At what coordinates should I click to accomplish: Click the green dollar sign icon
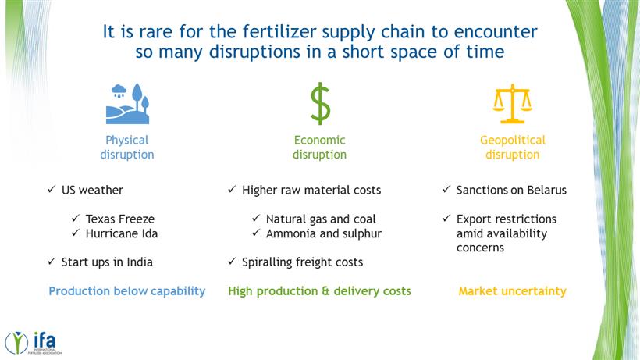pos(321,103)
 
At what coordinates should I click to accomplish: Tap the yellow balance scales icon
pos(512,104)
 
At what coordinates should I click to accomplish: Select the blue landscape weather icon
pos(127,104)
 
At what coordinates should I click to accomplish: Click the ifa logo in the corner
pos(33,343)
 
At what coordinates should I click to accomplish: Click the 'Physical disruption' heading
pos(127,148)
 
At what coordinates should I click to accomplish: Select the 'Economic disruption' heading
pos(319,148)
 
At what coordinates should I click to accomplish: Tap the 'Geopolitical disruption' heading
pos(513,148)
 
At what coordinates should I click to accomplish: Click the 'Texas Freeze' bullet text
pos(120,219)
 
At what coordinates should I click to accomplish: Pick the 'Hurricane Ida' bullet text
pos(122,233)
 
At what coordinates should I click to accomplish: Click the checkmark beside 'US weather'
pos(52,189)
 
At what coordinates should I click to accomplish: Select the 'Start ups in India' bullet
pos(107,262)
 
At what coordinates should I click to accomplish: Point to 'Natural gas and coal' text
pos(321,219)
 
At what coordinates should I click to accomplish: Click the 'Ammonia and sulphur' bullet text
pos(324,233)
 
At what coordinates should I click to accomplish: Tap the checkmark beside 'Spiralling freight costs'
pos(232,262)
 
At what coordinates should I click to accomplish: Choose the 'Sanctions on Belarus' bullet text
pos(511,191)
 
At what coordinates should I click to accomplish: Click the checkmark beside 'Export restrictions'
pos(446,219)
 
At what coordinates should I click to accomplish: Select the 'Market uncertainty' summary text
pos(512,291)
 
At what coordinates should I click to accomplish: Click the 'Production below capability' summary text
pos(127,291)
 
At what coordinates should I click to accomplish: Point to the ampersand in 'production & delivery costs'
pos(325,291)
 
